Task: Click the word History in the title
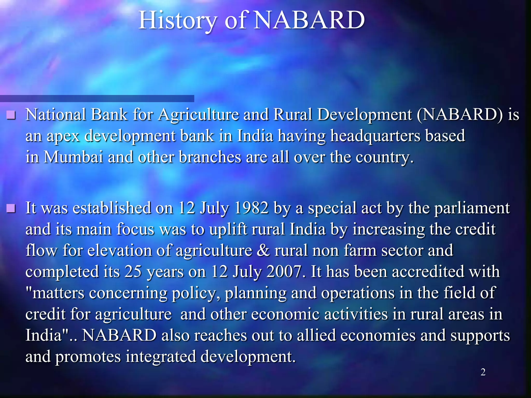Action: click(x=178, y=21)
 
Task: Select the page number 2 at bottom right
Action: click(x=483, y=372)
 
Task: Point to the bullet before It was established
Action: click(x=11, y=208)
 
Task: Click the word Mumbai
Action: click(x=73, y=157)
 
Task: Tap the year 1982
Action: click(x=251, y=208)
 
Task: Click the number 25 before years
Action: click(x=133, y=272)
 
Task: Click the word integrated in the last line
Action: click(x=161, y=357)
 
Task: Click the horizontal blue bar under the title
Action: click(x=97, y=98)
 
